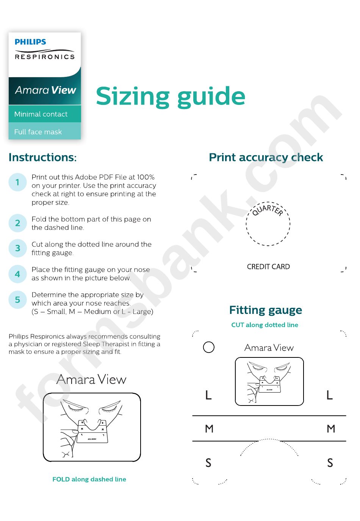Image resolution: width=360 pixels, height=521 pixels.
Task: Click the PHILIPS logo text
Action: [30, 42]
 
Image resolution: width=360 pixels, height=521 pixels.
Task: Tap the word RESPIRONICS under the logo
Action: [45, 57]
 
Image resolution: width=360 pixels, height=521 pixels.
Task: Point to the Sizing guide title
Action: [171, 97]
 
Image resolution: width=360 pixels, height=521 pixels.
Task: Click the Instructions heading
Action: [42, 157]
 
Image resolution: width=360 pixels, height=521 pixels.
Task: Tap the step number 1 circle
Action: [17, 182]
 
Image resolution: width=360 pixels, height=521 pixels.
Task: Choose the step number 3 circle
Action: [17, 248]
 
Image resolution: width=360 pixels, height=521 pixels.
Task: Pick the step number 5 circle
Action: [17, 299]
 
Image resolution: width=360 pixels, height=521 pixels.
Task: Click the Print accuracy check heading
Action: [266, 157]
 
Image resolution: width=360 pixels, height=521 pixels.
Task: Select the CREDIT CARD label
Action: [268, 267]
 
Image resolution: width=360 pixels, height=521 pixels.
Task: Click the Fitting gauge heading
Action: [266, 310]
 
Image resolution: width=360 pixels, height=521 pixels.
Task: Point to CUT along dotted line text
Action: [265, 325]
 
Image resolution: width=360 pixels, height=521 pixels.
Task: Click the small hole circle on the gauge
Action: [209, 347]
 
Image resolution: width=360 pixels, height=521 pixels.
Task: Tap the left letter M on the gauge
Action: [209, 429]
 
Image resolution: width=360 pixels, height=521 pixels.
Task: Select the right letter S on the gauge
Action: [330, 463]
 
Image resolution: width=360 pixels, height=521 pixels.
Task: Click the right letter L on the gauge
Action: [330, 395]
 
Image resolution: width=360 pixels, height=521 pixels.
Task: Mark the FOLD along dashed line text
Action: [89, 479]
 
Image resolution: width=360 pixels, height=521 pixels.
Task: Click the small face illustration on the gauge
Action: [269, 381]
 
